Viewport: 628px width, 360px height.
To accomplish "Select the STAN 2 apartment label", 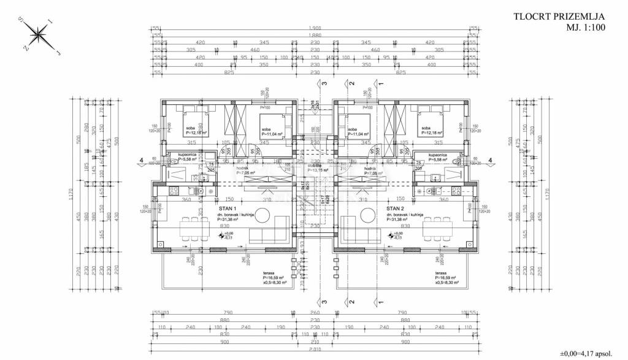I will (396, 209).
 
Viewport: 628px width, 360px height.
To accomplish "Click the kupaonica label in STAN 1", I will (188, 155).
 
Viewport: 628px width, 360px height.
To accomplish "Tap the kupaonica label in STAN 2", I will (437, 155).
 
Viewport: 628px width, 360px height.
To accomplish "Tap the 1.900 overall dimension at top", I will (314, 28).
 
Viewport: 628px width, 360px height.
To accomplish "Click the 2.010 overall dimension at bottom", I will (314, 350).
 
